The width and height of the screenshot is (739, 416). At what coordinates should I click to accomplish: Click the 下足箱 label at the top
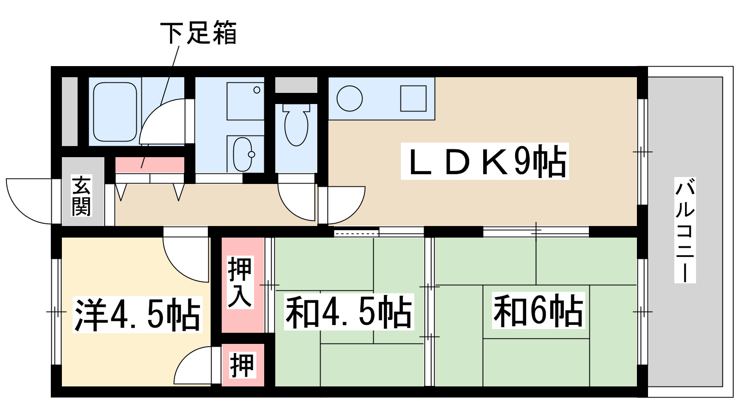[199, 33]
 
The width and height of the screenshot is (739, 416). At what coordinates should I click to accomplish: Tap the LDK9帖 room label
[485, 161]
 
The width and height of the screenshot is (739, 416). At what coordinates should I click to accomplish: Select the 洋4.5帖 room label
[137, 314]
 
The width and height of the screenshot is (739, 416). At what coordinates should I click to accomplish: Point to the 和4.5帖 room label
[348, 312]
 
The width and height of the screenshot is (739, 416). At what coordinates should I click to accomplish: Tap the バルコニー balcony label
[685, 230]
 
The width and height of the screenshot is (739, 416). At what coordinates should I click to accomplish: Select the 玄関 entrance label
[81, 196]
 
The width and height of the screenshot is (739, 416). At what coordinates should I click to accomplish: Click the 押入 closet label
[240, 282]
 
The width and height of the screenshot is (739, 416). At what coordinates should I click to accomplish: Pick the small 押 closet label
[242, 365]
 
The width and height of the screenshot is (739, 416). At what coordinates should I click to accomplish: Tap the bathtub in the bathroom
[115, 112]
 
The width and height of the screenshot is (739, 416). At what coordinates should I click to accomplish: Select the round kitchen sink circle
[350, 98]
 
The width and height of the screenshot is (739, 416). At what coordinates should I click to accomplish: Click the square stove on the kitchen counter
[413, 98]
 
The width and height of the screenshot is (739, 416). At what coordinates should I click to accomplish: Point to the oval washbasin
[242, 154]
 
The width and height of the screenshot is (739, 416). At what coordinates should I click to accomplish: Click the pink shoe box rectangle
[149, 165]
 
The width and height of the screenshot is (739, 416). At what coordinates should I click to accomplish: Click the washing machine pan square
[245, 101]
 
